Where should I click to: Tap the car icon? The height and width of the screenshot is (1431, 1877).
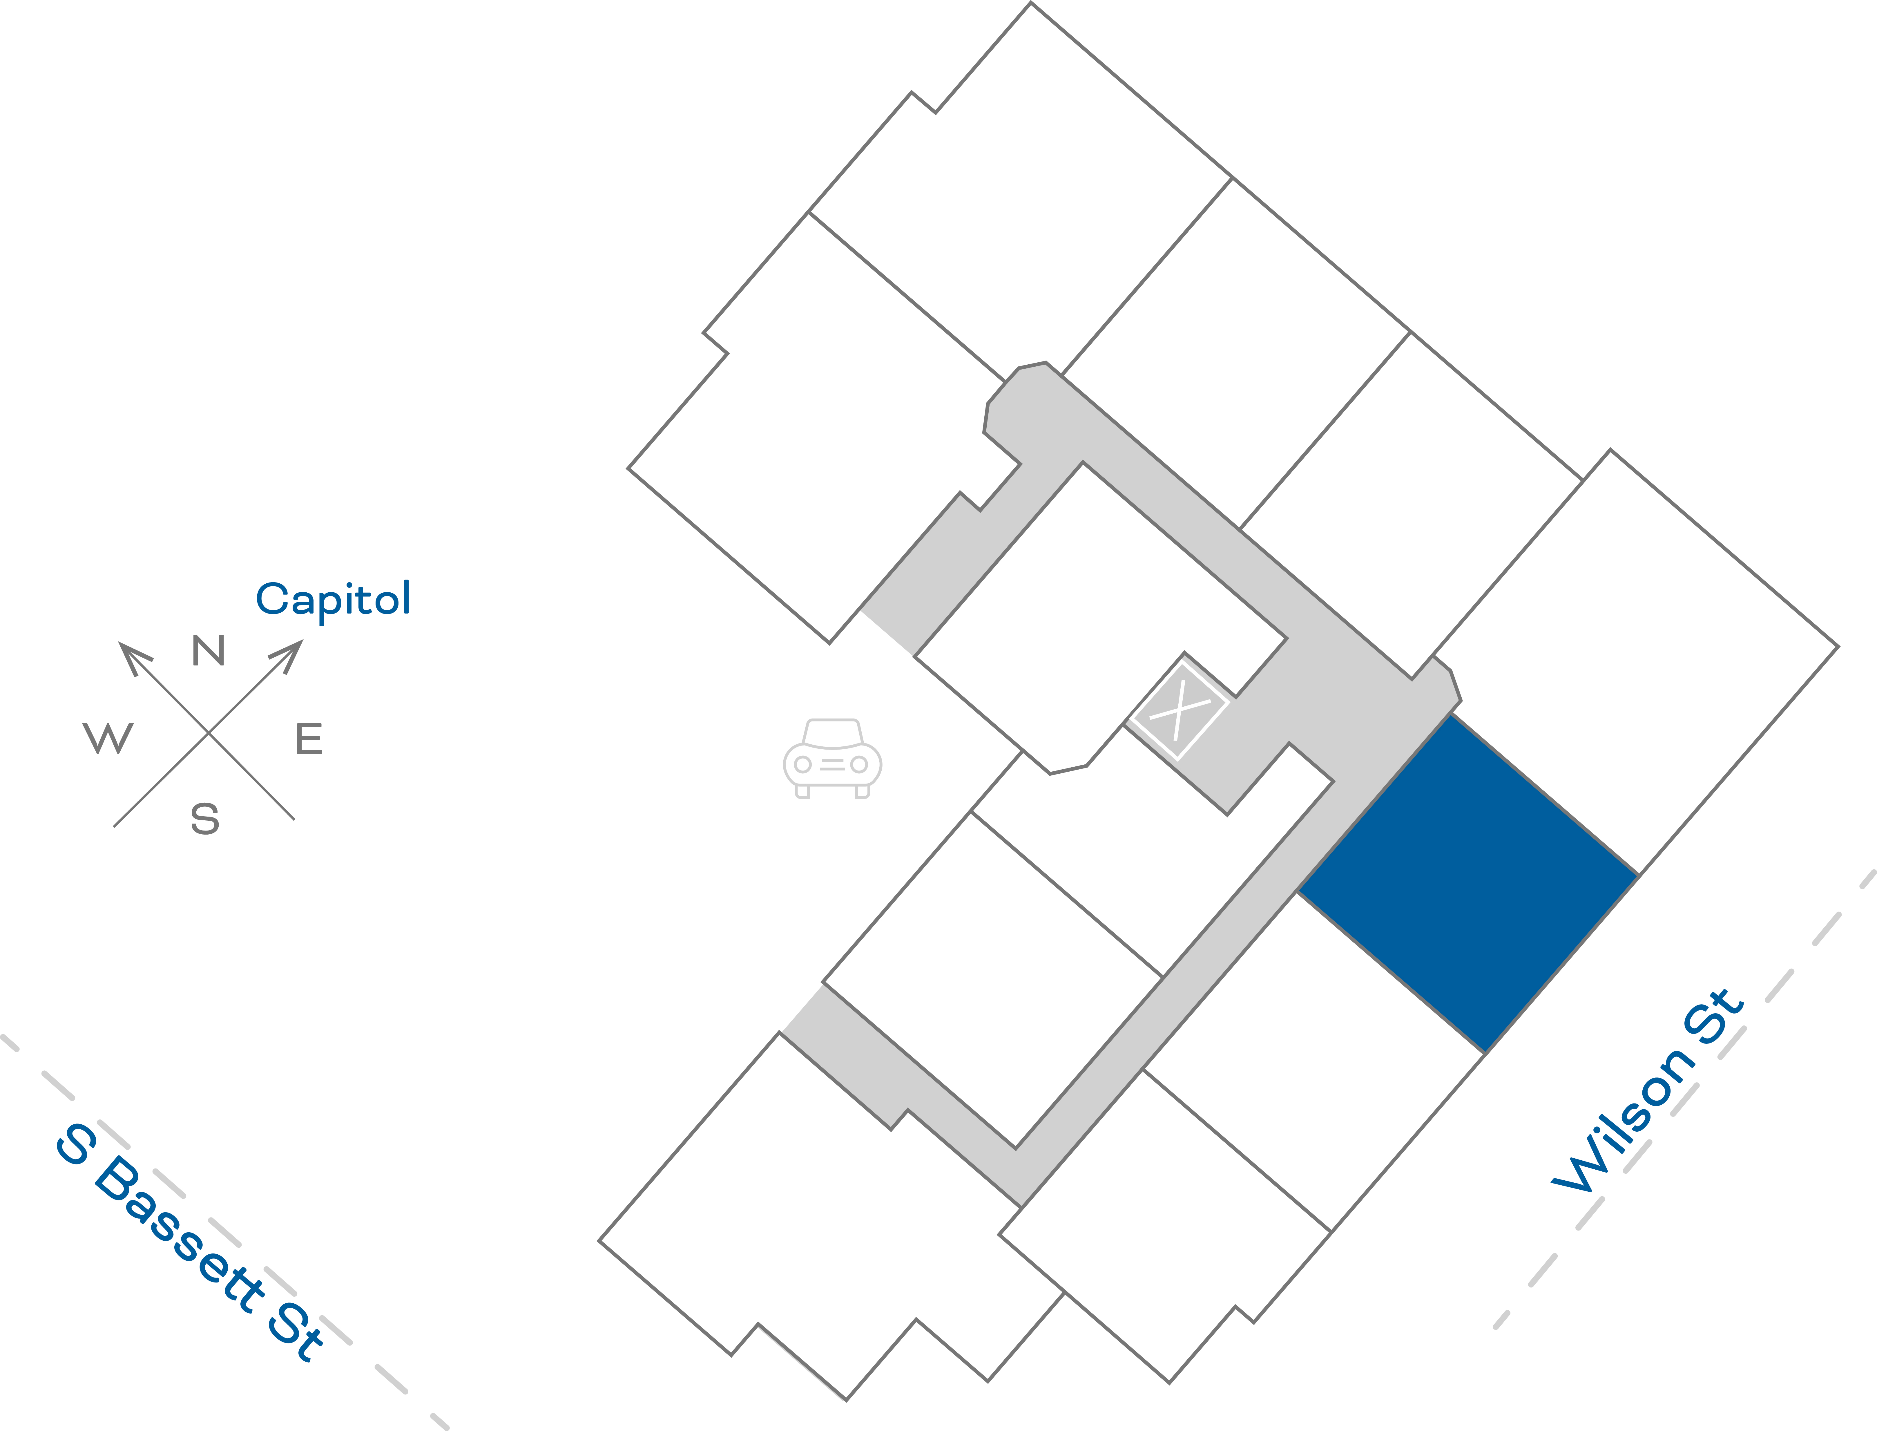[832, 758]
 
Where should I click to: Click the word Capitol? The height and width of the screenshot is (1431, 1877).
[333, 600]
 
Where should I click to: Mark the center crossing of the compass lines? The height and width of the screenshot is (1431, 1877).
[209, 732]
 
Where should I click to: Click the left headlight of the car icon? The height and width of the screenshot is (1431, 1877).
[802, 764]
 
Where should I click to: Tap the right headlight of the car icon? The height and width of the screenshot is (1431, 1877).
[859, 764]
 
